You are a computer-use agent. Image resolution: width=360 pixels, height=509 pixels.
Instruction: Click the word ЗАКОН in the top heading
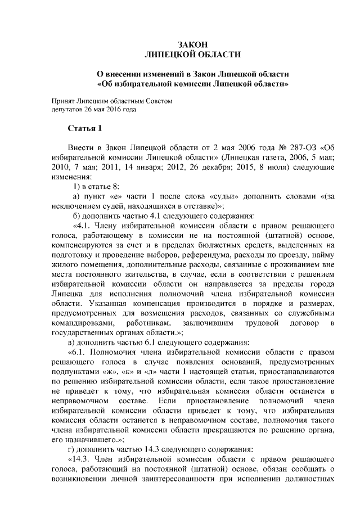coord(193,44)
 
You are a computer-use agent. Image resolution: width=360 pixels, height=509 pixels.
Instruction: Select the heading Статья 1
coord(84,128)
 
